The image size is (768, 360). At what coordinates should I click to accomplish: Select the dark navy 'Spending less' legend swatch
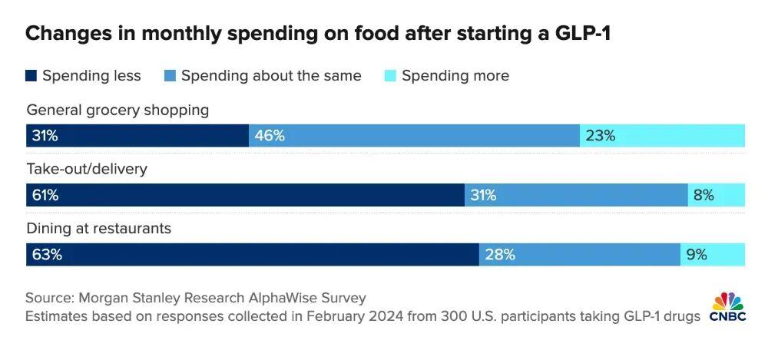pyautogui.click(x=31, y=75)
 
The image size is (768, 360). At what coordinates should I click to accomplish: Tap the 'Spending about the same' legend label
pyautogui.click(x=271, y=75)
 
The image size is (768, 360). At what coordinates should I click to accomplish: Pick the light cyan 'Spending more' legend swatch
pyautogui.click(x=389, y=75)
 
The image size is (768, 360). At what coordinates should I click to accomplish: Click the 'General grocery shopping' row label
pyautogui.click(x=118, y=110)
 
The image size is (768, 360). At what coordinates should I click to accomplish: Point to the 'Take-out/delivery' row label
pyautogui.click(x=86, y=169)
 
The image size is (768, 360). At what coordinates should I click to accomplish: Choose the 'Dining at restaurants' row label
pyautogui.click(x=98, y=229)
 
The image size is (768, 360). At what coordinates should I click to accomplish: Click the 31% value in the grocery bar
pyautogui.click(x=45, y=136)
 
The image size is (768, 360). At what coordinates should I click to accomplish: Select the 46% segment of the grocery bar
pyautogui.click(x=414, y=136)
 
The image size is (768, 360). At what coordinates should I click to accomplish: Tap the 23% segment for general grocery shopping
pyautogui.click(x=662, y=136)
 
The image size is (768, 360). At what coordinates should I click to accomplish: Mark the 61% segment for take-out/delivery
pyautogui.click(x=245, y=195)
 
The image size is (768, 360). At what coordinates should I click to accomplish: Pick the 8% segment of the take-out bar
pyautogui.click(x=716, y=195)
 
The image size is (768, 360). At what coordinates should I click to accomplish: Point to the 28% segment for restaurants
pyautogui.click(x=579, y=255)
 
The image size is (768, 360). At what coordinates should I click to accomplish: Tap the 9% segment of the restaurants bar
pyautogui.click(x=712, y=255)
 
